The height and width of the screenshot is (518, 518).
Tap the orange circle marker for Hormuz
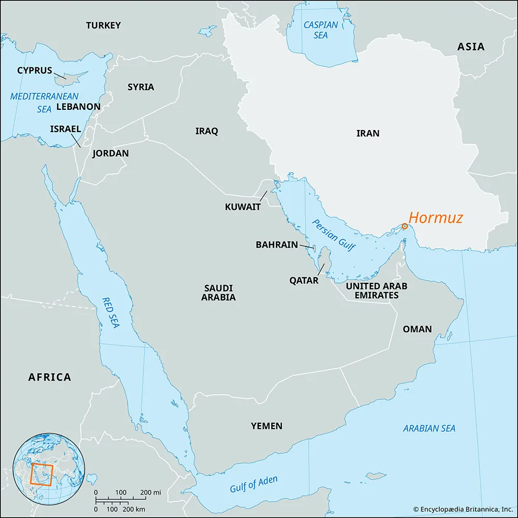coord(405,226)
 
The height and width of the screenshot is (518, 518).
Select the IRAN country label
coord(368,133)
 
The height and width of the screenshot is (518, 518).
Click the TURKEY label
coord(103,25)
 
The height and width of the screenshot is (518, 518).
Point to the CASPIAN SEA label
coord(321,30)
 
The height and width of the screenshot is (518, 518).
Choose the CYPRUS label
coord(35,70)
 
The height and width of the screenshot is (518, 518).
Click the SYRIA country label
coord(141,87)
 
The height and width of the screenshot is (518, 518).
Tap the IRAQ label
coord(207,131)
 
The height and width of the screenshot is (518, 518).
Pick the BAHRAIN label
coord(277,244)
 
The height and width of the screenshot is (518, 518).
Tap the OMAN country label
coord(417,329)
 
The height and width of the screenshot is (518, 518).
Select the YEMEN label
coord(267,426)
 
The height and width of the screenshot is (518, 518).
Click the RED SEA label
coord(111,313)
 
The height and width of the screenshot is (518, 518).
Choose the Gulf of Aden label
coord(253,484)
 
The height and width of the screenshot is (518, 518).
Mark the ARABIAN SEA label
coord(429,428)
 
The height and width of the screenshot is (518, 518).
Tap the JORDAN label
coord(110,153)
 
